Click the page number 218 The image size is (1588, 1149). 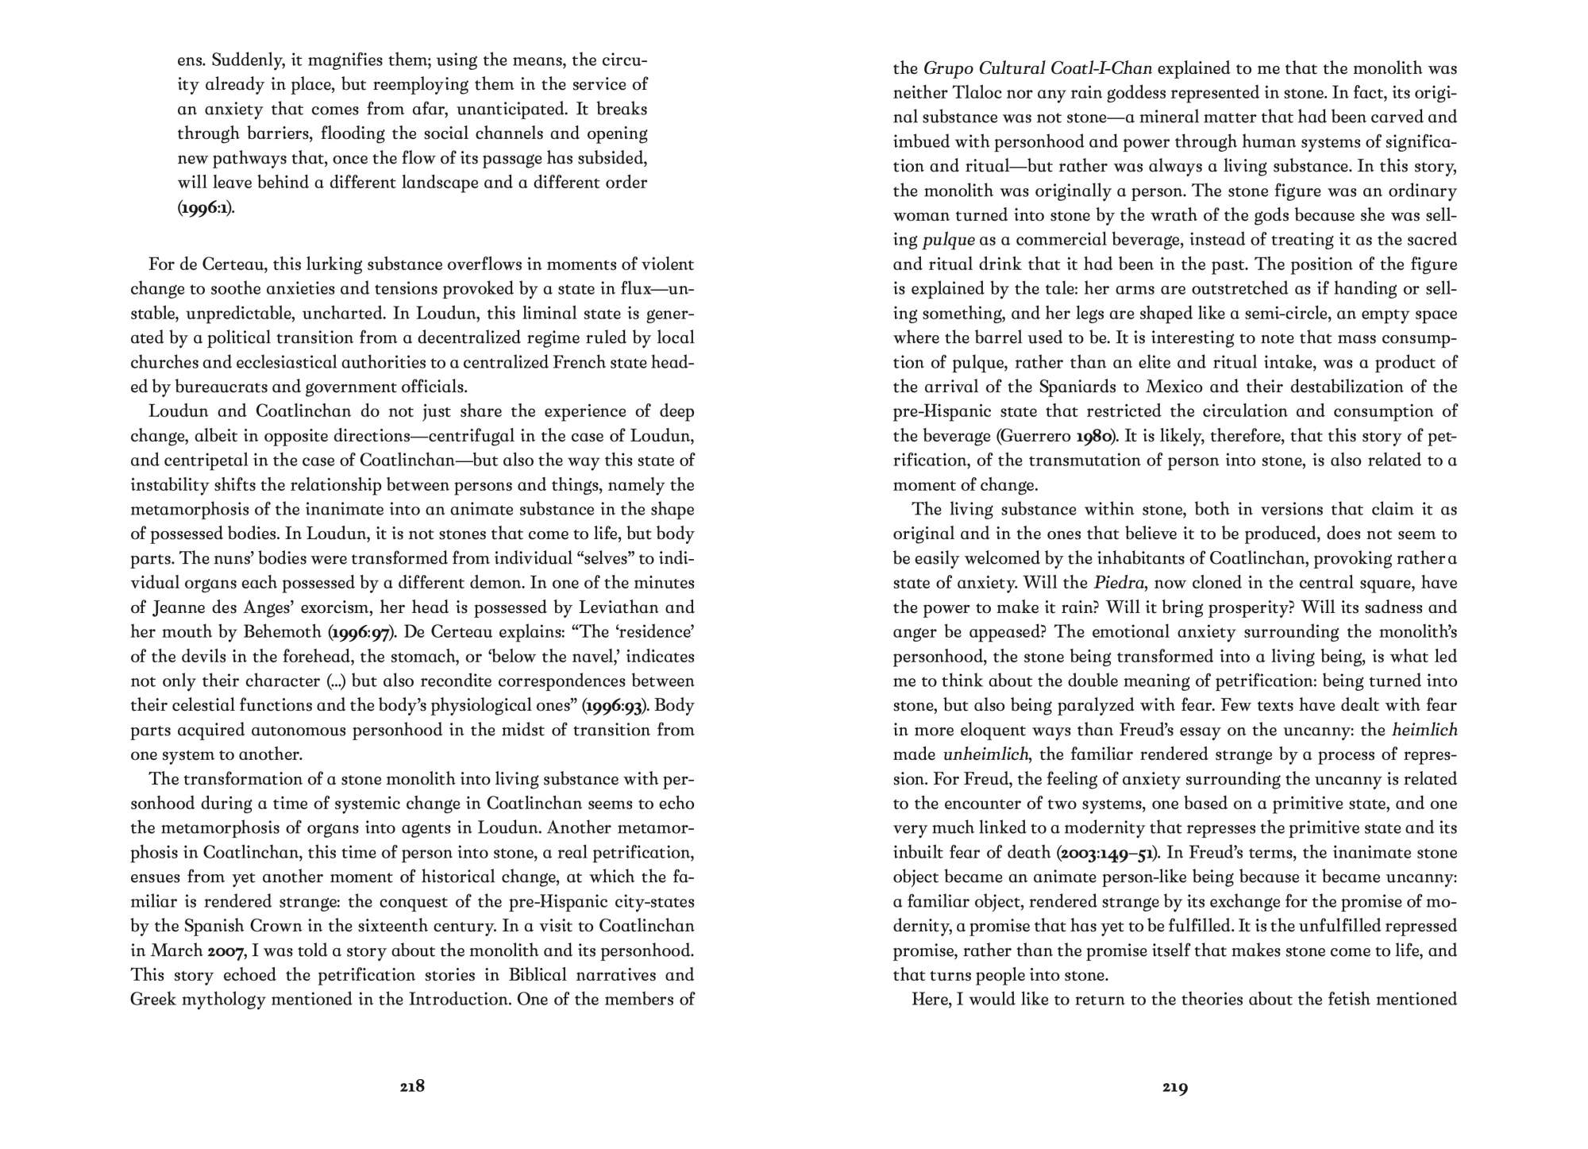point(412,1086)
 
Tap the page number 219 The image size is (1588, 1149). point(1175,1087)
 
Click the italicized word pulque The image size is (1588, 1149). point(949,240)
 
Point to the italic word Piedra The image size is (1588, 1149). point(1120,583)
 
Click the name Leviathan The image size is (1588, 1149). point(608,607)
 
